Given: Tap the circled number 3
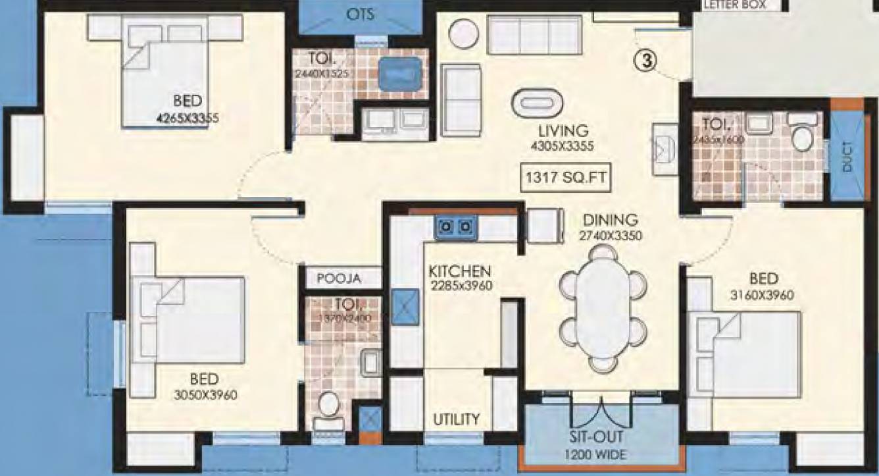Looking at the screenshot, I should tap(647, 60).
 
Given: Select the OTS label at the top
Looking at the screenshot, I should tap(360, 14).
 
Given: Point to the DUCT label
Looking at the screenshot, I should tap(847, 156).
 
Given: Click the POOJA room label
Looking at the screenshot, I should tap(339, 278).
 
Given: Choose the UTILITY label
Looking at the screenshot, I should tap(456, 419).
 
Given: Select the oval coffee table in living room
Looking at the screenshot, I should tap(539, 103).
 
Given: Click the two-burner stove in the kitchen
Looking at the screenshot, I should tap(455, 227).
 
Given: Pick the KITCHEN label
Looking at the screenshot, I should tap(460, 271).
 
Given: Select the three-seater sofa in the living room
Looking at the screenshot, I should tap(535, 35).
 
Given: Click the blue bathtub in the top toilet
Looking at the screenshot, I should tap(399, 73).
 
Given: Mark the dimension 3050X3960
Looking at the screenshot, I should tap(204, 395).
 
